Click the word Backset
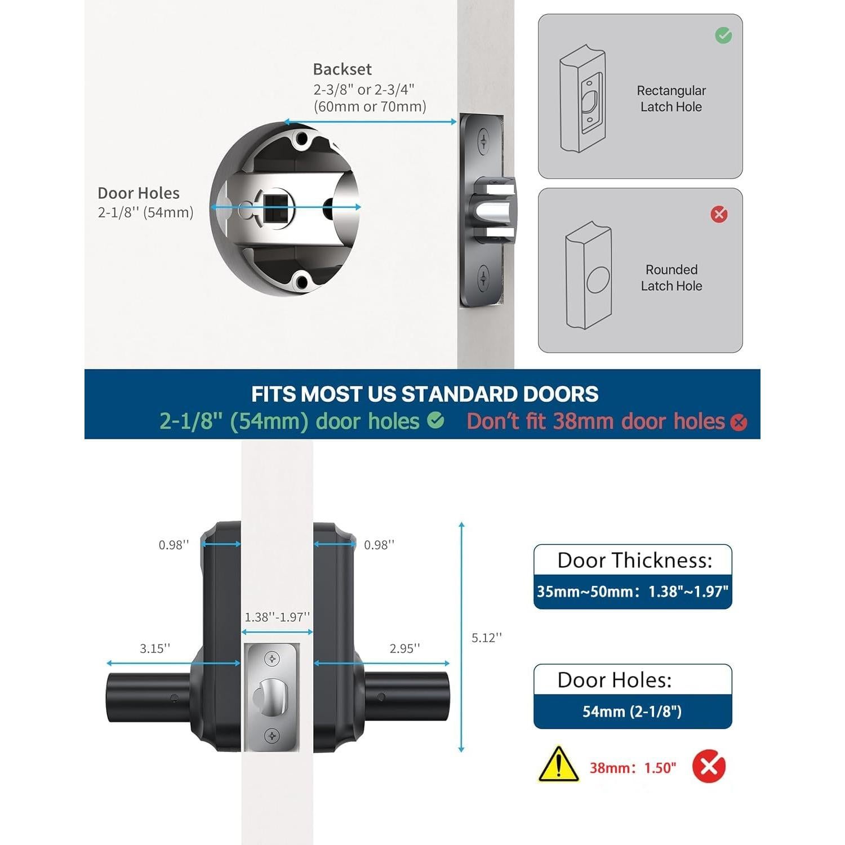342,69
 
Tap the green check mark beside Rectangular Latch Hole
723,35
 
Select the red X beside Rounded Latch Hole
719,214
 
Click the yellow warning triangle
558,765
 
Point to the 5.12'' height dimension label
486,638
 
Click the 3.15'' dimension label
155,648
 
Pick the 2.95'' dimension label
404,648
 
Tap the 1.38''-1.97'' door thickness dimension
277,617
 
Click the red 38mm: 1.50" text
632,768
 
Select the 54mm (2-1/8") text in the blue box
632,711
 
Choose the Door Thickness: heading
634,561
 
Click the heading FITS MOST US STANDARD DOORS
425,394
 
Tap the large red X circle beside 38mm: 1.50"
709,767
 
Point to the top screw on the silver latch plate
272,659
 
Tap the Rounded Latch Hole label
671,278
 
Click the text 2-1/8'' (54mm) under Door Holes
145,212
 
